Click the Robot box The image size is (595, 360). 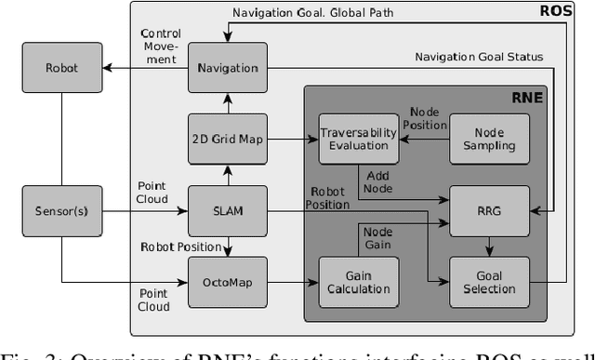[x=62, y=68]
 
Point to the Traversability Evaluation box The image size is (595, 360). [x=358, y=140]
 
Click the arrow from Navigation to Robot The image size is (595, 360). [x=140, y=68]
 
